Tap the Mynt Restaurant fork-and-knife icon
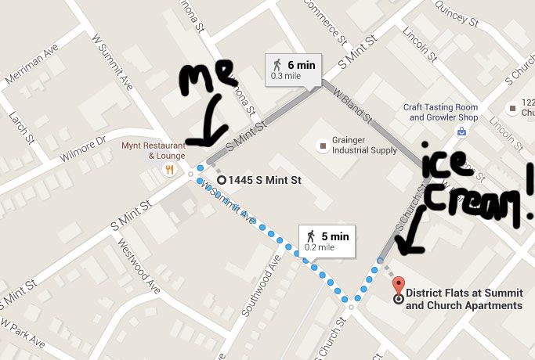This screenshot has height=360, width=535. tap(168, 169)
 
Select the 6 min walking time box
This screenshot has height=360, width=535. tap(292, 70)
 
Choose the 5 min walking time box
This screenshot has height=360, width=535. tap(327, 240)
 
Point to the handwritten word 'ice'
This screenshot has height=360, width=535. tap(445, 160)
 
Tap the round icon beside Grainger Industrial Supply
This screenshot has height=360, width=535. tap(321, 146)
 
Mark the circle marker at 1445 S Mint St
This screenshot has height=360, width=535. tap(221, 180)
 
